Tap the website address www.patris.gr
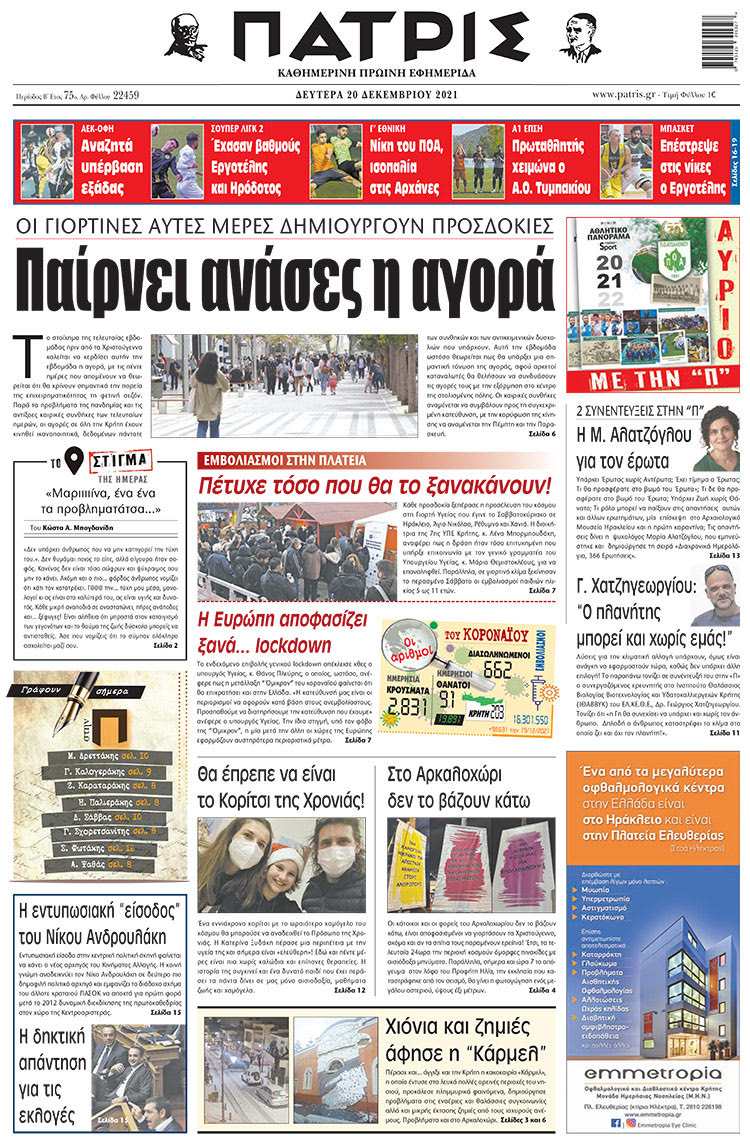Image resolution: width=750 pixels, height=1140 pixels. (634, 95)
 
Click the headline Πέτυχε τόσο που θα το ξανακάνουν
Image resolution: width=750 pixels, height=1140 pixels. (374, 486)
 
